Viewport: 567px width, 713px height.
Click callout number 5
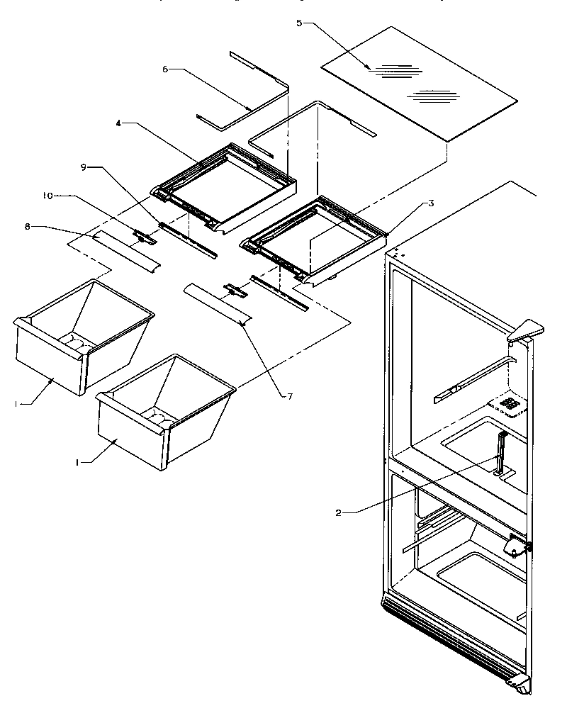point(299,23)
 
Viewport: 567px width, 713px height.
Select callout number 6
point(165,69)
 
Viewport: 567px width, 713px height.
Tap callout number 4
point(120,123)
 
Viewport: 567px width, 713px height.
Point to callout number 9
point(84,167)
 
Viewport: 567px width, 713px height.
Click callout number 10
point(48,196)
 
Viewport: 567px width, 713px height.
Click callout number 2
point(339,512)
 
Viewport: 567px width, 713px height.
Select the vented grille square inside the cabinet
point(507,405)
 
